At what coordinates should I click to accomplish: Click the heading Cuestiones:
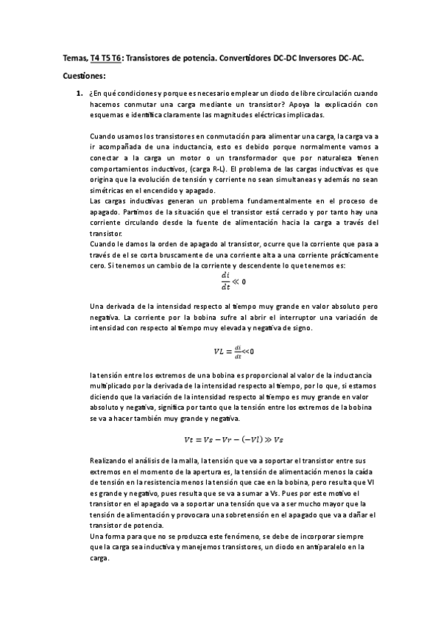coord(85,75)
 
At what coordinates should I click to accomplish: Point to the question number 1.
coord(79,94)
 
